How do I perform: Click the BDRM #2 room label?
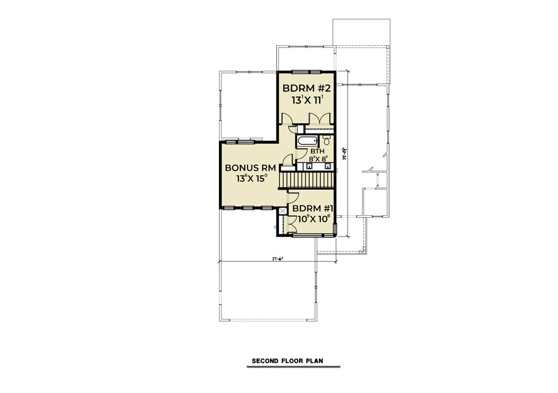click(x=306, y=87)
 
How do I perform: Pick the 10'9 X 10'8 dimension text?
click(x=311, y=219)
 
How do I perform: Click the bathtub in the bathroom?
click(x=307, y=141)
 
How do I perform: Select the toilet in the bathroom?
click(x=326, y=141)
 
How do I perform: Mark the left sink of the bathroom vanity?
click(x=309, y=166)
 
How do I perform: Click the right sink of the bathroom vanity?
click(x=328, y=166)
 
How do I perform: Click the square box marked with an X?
click(x=283, y=211)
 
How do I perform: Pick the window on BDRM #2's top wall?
click(x=306, y=71)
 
